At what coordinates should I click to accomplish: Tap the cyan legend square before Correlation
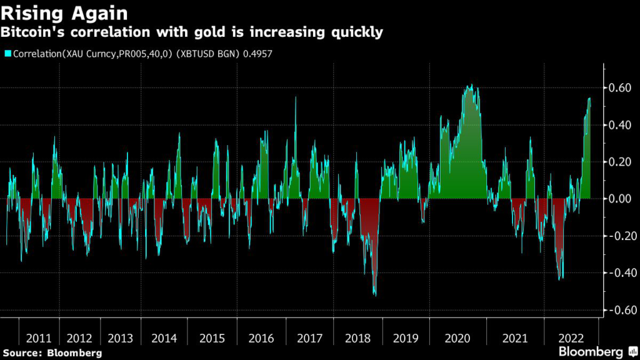tap(7, 54)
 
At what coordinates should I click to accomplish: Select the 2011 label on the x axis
tap(39, 338)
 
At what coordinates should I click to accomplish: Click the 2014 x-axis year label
tap(164, 338)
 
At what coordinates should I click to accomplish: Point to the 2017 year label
tap(310, 338)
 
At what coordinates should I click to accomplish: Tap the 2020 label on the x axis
tap(456, 338)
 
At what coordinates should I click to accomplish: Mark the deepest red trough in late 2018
tap(374, 294)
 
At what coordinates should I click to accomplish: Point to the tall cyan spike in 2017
tap(296, 98)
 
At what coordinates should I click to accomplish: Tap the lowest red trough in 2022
tap(561, 279)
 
